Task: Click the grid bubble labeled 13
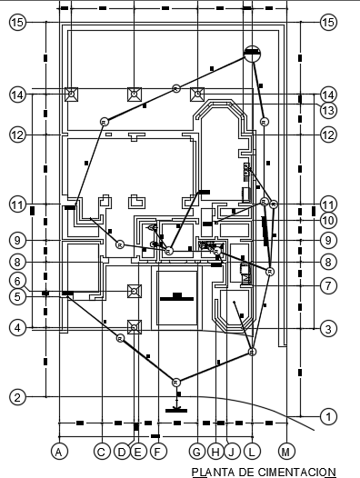[x=328, y=109]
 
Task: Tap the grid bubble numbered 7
[x=328, y=284]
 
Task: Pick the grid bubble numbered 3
[x=328, y=328]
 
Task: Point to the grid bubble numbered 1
[x=328, y=416]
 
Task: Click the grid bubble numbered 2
[x=17, y=396]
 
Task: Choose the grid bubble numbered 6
[x=17, y=281]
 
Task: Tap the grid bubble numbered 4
[x=17, y=327]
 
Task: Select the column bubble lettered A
[x=59, y=450]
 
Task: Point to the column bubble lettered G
[x=197, y=450]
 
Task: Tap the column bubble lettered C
[x=104, y=450]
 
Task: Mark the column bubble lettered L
[x=252, y=450]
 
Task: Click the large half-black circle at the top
[x=253, y=54]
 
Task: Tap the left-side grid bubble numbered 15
[x=17, y=23]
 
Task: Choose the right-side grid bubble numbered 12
[x=328, y=134]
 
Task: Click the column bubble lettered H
[x=215, y=450]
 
